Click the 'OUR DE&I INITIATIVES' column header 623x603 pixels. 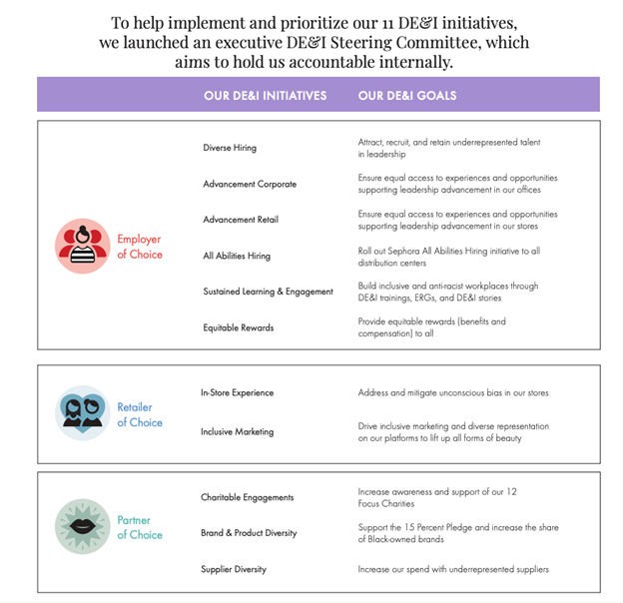coord(265,96)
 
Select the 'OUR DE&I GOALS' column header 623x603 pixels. coord(407,96)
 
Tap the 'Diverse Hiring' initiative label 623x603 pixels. coord(230,148)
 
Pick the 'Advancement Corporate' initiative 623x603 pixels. coord(250,184)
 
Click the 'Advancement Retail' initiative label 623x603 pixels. coord(241,220)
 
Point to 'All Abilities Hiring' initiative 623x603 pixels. coord(237,256)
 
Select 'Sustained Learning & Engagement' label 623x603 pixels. coord(268,292)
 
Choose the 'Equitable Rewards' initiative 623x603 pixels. coord(238,327)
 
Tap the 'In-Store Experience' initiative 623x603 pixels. coord(237,392)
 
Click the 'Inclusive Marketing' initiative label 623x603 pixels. coord(237,432)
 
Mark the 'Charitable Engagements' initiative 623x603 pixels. coord(247,497)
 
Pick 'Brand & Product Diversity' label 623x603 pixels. coord(249,533)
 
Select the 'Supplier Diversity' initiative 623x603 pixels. coord(234,569)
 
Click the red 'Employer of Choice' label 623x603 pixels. coord(139,247)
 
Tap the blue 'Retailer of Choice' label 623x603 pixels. coord(139,414)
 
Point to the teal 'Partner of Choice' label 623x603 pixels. coord(139,527)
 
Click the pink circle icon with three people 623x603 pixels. coord(82,246)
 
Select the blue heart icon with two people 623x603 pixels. coord(82,413)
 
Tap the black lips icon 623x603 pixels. coord(82,526)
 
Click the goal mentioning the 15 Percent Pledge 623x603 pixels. coord(458,533)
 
